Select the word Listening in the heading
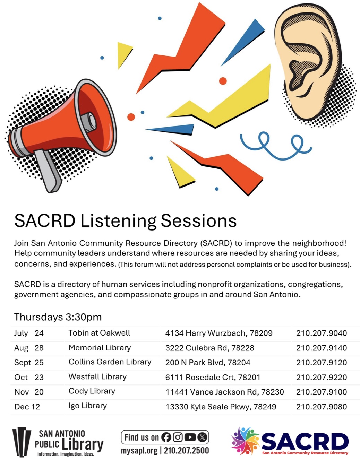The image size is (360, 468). (x=118, y=221)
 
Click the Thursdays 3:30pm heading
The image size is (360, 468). (x=58, y=317)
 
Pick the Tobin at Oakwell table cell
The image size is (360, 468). (x=99, y=333)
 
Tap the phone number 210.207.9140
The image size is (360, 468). (x=321, y=348)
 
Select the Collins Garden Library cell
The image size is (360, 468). (x=110, y=362)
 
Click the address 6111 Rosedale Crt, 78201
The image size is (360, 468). (x=213, y=377)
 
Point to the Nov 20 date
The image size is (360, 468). (x=29, y=392)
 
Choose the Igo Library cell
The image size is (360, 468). (x=87, y=406)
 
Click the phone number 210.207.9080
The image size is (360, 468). (x=321, y=407)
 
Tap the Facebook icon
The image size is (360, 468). (x=166, y=437)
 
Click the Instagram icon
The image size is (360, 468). (x=178, y=437)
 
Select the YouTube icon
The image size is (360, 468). (x=190, y=437)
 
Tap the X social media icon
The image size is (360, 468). (x=202, y=437)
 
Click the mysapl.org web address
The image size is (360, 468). (x=139, y=451)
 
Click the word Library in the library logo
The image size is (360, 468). (x=83, y=444)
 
